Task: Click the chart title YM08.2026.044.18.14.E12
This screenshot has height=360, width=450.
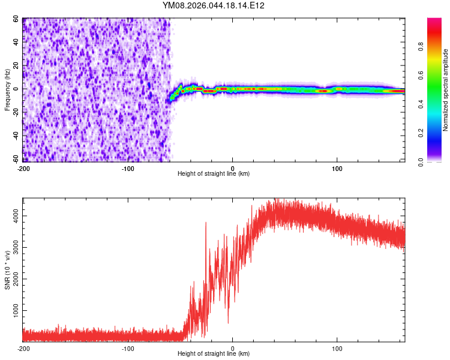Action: coord(214,5)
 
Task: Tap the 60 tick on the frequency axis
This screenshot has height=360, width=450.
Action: coord(17,19)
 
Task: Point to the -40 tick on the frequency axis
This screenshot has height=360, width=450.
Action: coord(15,136)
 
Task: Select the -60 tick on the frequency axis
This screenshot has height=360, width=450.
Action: coord(15,160)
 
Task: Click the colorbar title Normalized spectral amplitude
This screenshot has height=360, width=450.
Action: coord(446,90)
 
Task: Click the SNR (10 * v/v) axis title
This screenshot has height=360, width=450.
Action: coord(8,270)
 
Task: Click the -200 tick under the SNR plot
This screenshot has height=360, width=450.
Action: coord(23,349)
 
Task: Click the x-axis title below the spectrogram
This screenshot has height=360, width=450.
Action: coord(214,174)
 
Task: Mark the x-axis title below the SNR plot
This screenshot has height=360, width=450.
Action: coord(214,354)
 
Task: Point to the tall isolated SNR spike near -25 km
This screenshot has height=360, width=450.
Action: coord(206,224)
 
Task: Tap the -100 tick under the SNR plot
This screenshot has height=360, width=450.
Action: coord(127,349)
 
